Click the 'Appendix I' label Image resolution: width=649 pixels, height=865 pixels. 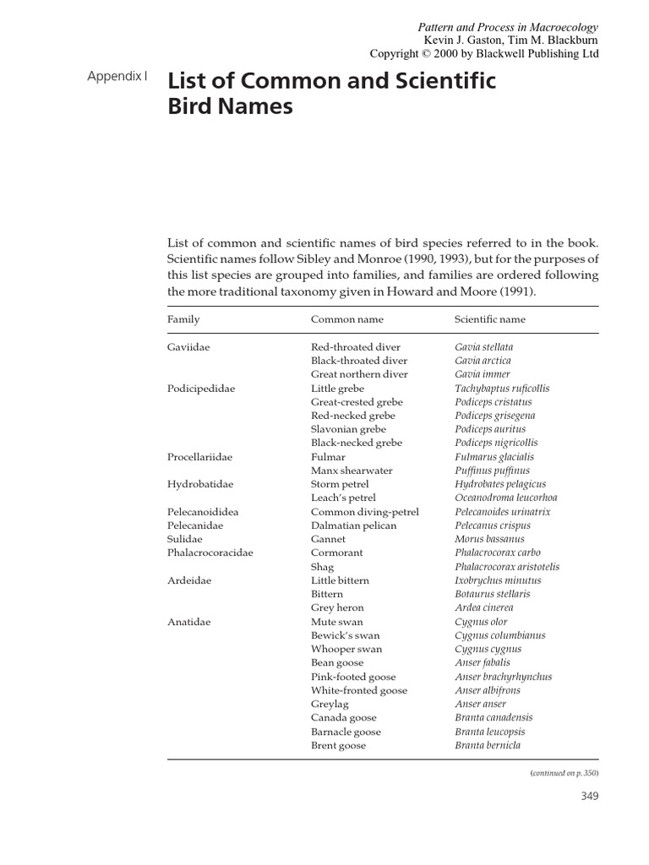pos(117,76)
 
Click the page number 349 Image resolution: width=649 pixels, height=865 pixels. pos(589,797)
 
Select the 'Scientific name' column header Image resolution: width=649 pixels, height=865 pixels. pos(489,320)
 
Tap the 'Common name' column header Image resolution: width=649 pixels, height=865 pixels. pos(346,320)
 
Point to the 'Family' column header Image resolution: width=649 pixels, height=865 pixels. pos(183,320)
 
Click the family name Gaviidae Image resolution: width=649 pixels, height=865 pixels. pos(189,347)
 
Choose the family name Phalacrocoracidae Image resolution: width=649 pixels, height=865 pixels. pos(210,553)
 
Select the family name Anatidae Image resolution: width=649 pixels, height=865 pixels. pos(189,622)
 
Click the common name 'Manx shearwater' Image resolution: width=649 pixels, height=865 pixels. pos(352,471)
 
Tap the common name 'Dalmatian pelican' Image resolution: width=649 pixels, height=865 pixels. pos(354,525)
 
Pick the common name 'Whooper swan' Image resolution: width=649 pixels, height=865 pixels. pos(346,649)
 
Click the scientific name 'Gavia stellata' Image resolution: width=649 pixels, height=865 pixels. pos(483,347)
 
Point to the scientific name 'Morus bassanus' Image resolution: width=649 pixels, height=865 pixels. pos(489,539)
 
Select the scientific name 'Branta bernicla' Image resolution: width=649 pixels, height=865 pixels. pos(488,745)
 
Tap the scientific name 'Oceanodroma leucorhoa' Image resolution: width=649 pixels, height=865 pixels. pos(505,498)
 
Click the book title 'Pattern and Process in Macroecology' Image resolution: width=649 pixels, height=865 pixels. pos(508,27)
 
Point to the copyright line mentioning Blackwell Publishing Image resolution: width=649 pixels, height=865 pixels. pos(484,53)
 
